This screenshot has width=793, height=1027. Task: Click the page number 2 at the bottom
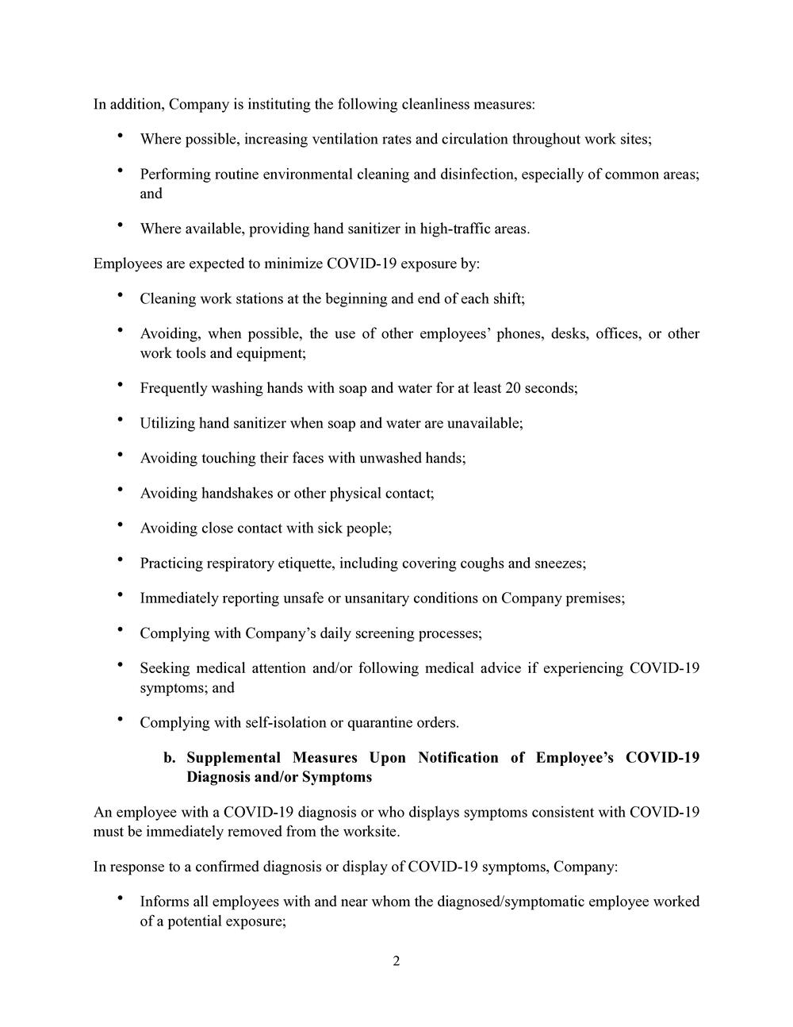[x=396, y=961]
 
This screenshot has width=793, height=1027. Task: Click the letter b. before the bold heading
[x=170, y=757]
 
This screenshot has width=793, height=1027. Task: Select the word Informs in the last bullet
[x=164, y=902]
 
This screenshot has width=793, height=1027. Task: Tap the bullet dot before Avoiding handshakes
[x=120, y=490]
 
